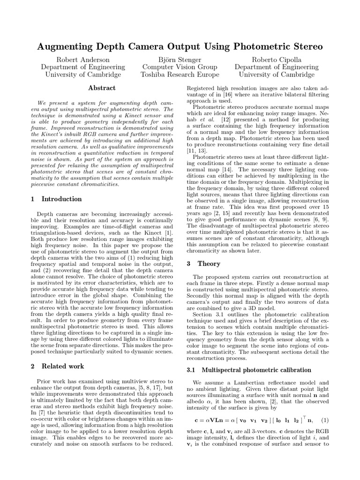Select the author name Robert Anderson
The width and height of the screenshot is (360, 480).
tap(83, 60)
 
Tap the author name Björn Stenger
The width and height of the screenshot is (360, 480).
tap(180, 60)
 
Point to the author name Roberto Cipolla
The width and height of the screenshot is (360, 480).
tap(277, 60)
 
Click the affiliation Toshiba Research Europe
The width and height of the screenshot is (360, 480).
tap(180, 75)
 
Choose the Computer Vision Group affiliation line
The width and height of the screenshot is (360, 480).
tap(180, 67)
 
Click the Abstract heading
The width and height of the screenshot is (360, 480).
tap(102, 88)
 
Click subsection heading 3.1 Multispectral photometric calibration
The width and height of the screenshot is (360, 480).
tap(242, 370)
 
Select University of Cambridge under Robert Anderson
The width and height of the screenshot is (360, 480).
tap(83, 75)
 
